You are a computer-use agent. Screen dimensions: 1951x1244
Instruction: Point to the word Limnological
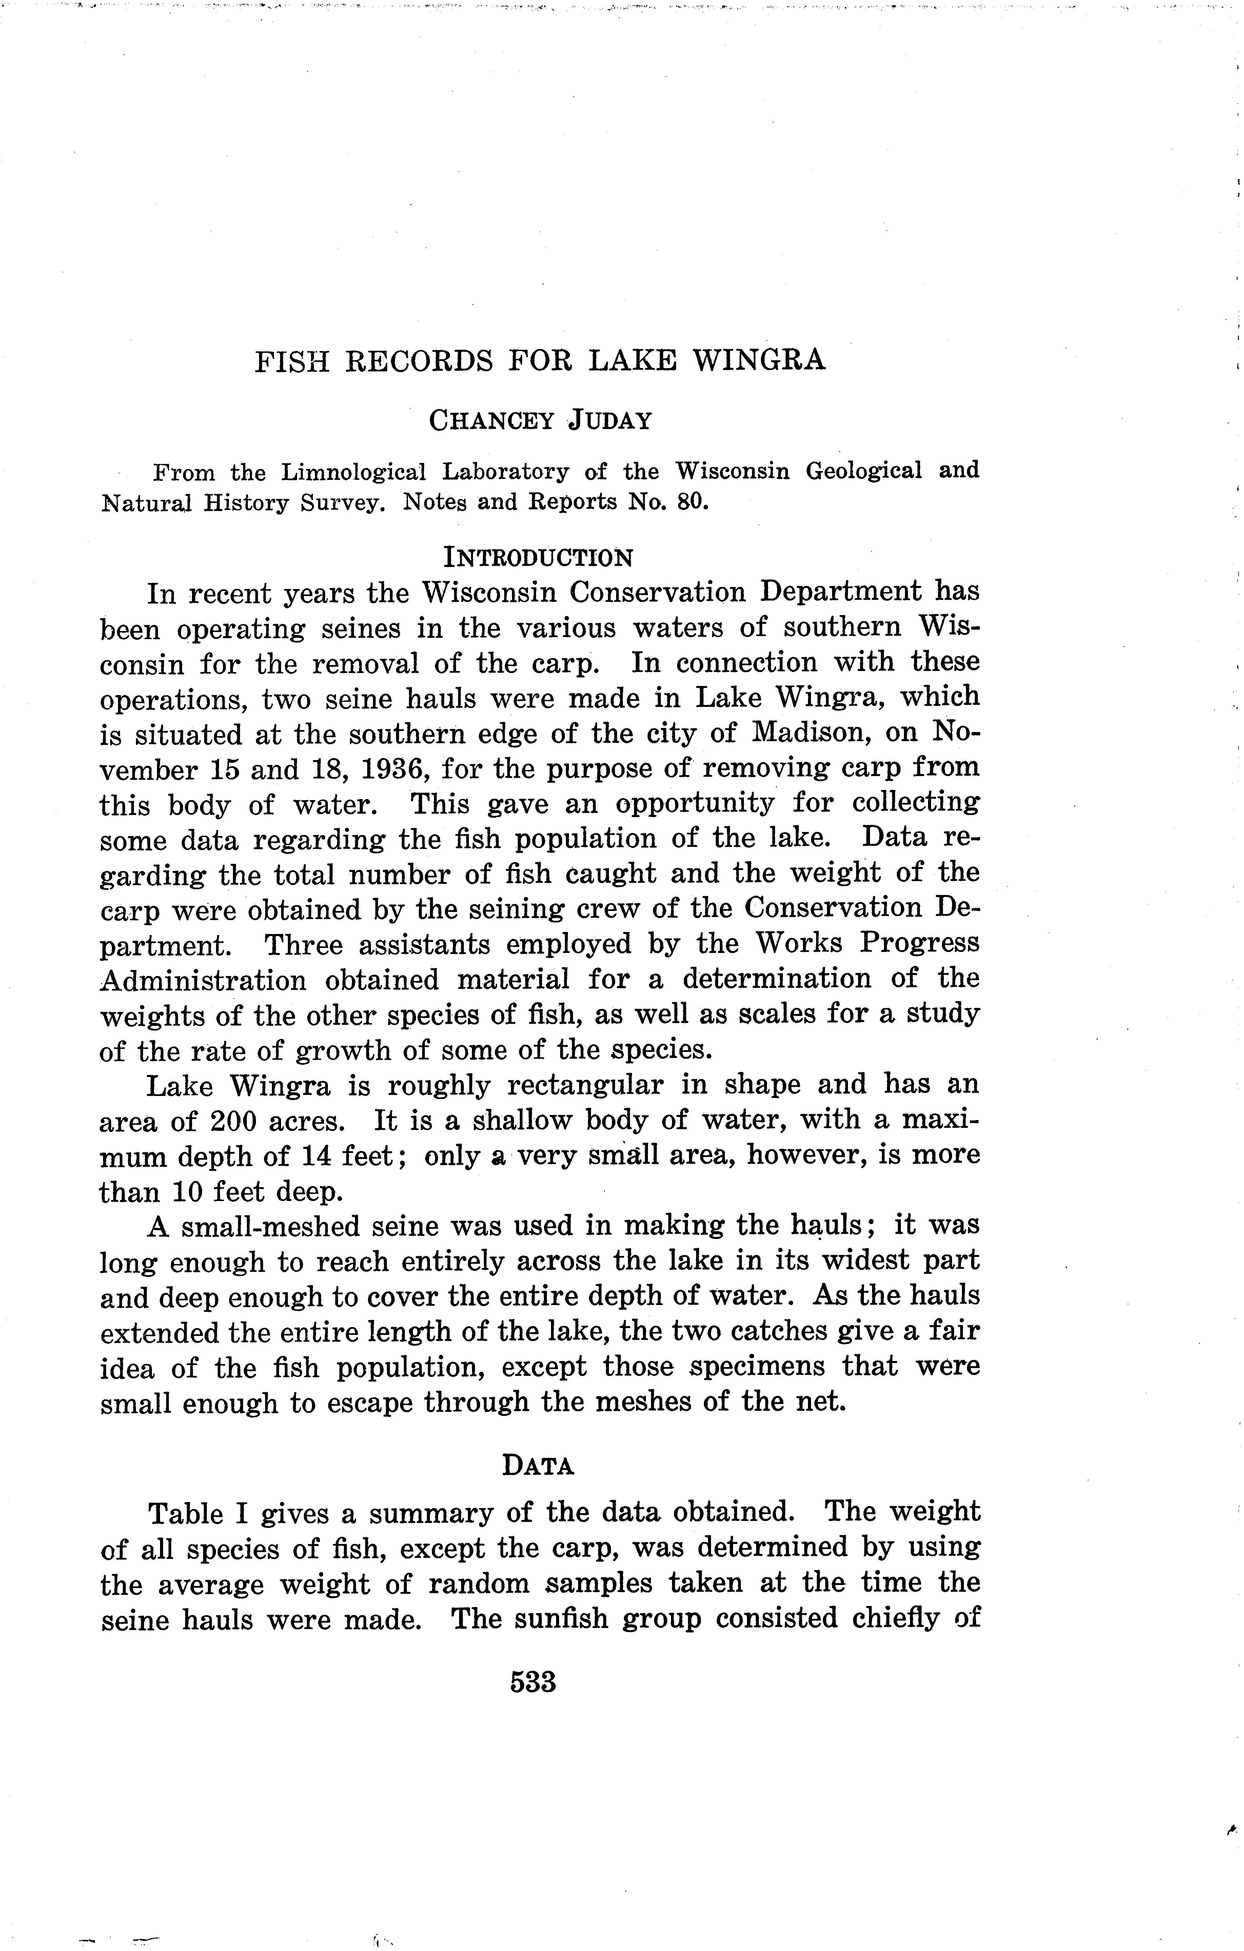353,471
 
